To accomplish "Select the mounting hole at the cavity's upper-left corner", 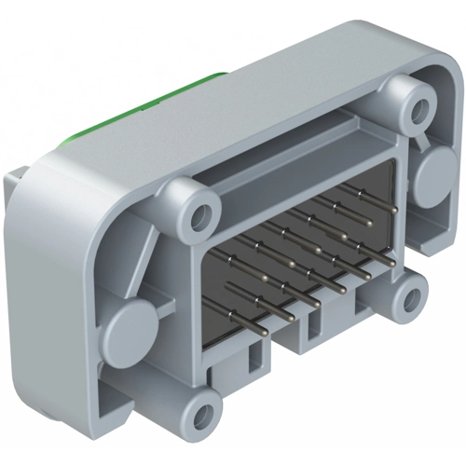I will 197,221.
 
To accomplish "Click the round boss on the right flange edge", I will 434,177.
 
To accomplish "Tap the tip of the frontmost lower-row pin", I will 264,329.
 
